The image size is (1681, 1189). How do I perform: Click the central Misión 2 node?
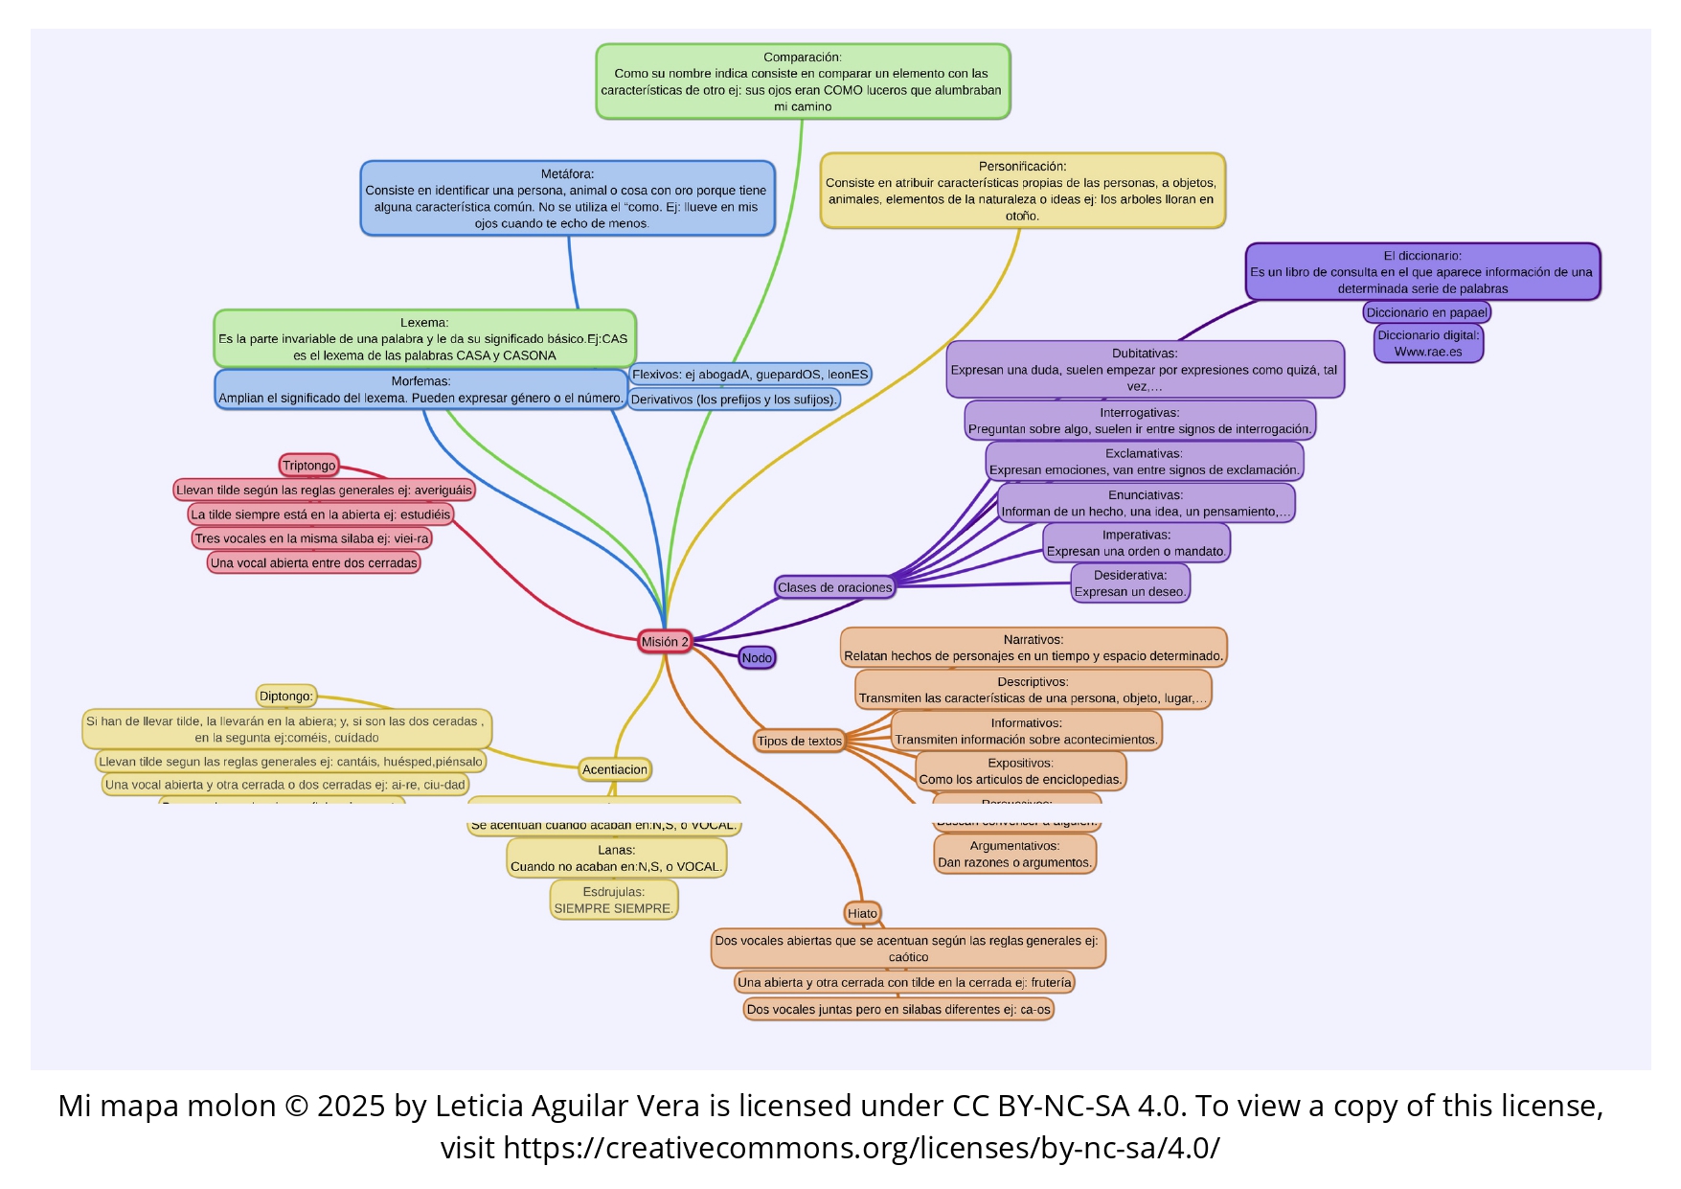[665, 642]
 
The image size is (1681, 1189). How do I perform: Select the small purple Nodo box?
[757, 658]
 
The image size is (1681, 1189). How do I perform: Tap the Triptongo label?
[308, 466]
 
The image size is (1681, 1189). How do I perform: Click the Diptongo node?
[285, 697]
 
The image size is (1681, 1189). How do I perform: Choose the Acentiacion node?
[615, 769]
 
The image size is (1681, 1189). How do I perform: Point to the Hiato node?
[862, 913]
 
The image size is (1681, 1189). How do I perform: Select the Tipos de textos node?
[799, 741]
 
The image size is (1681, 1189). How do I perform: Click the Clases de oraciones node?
[834, 587]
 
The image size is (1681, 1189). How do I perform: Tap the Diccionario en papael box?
[1426, 312]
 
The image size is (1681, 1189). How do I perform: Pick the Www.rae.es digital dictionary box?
[1428, 344]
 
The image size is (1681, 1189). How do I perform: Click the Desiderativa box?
[1130, 583]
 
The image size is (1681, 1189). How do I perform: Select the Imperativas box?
[1136, 543]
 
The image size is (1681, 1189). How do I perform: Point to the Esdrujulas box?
[614, 900]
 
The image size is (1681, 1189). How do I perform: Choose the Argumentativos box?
[1014, 854]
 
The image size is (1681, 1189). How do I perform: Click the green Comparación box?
[802, 81]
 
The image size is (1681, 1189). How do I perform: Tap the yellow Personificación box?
[1022, 191]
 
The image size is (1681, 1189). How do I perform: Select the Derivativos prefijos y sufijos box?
[734, 400]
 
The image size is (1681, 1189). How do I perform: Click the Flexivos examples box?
[750, 375]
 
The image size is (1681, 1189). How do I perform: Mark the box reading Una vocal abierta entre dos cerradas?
[314, 563]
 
